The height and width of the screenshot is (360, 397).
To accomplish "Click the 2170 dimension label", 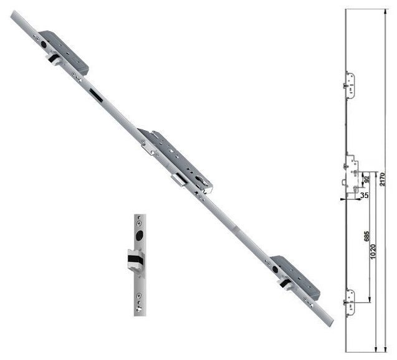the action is click(382, 179).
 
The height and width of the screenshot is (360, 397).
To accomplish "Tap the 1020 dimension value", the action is click(373, 252).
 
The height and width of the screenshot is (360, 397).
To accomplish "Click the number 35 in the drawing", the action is click(365, 196).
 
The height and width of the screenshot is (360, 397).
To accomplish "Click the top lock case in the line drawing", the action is click(350, 85).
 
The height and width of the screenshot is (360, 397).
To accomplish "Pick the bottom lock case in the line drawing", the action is click(350, 303).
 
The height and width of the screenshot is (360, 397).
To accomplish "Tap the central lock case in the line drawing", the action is click(352, 174).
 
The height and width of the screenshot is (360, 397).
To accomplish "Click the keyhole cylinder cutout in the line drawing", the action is click(355, 189).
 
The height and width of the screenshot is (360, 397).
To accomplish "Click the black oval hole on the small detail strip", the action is click(139, 235).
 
